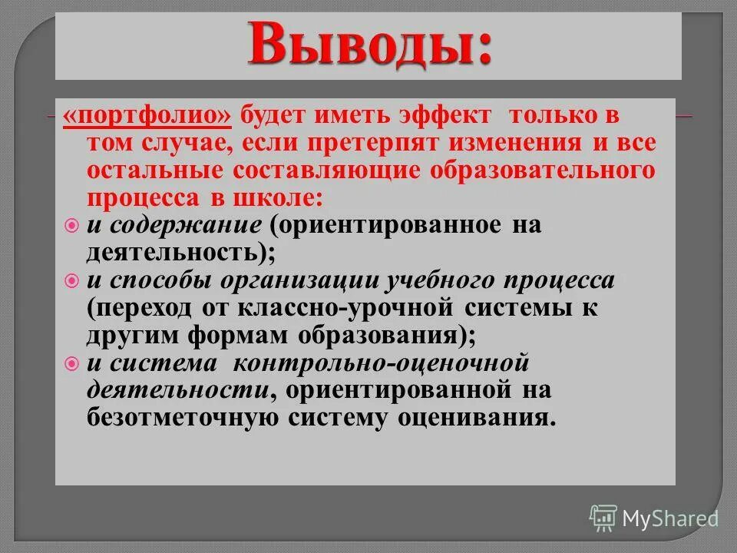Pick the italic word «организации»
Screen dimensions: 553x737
tap(304, 281)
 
